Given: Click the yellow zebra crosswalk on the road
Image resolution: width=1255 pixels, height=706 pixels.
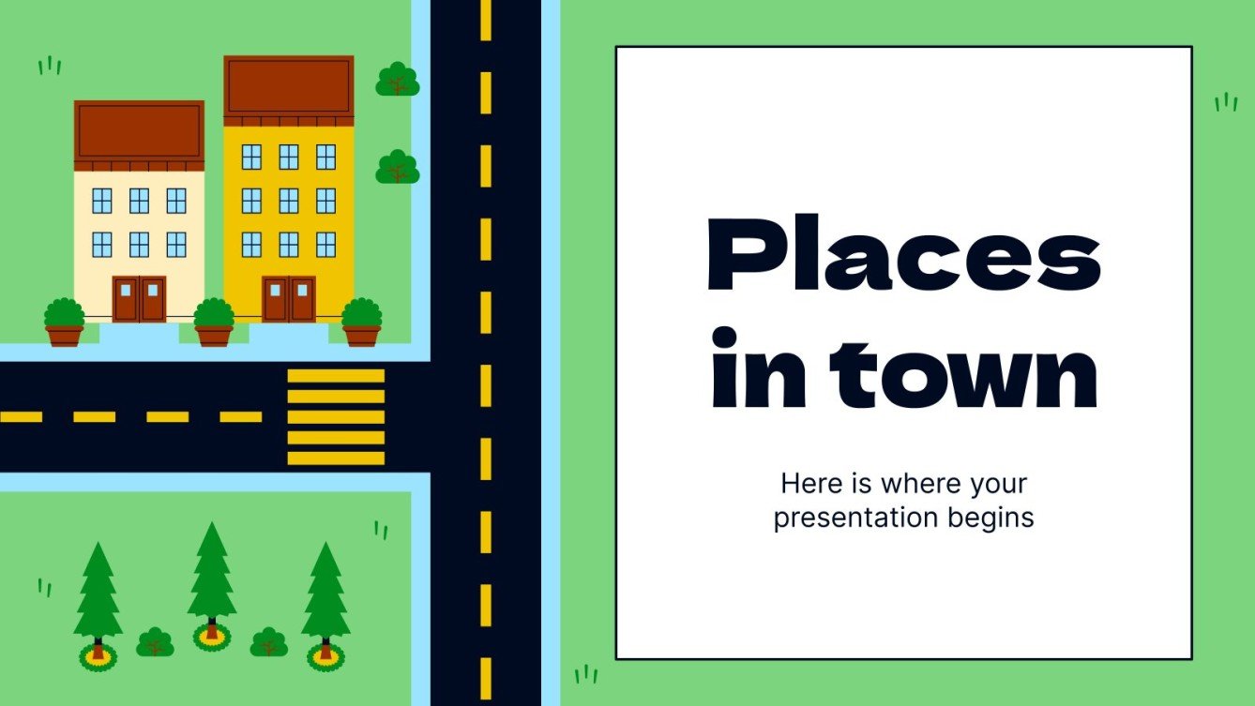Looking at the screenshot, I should pyautogui.click(x=336, y=417).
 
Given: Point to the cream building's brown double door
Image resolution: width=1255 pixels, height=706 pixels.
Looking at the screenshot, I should pyautogui.click(x=139, y=299).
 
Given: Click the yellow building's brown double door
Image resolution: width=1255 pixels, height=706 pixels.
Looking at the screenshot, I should pyautogui.click(x=289, y=299).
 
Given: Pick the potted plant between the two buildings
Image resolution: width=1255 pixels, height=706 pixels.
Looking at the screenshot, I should pyautogui.click(x=214, y=323).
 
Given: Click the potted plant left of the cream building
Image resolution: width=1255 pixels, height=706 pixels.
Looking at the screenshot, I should pyautogui.click(x=64, y=323).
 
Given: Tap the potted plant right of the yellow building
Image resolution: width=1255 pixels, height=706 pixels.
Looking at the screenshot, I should pyautogui.click(x=361, y=323).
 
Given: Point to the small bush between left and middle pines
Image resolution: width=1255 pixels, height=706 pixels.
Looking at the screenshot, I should pyautogui.click(x=156, y=642).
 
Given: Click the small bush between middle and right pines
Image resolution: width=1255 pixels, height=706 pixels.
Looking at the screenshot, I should pyautogui.click(x=269, y=642).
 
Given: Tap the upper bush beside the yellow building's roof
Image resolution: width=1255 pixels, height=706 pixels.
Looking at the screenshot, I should pyautogui.click(x=398, y=80).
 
